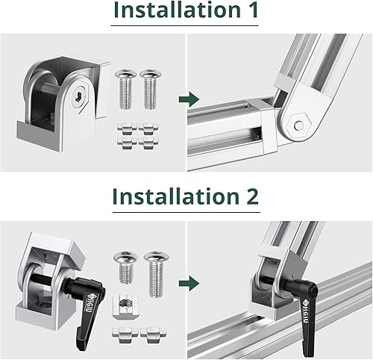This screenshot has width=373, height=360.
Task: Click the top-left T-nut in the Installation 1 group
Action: [125, 125]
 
